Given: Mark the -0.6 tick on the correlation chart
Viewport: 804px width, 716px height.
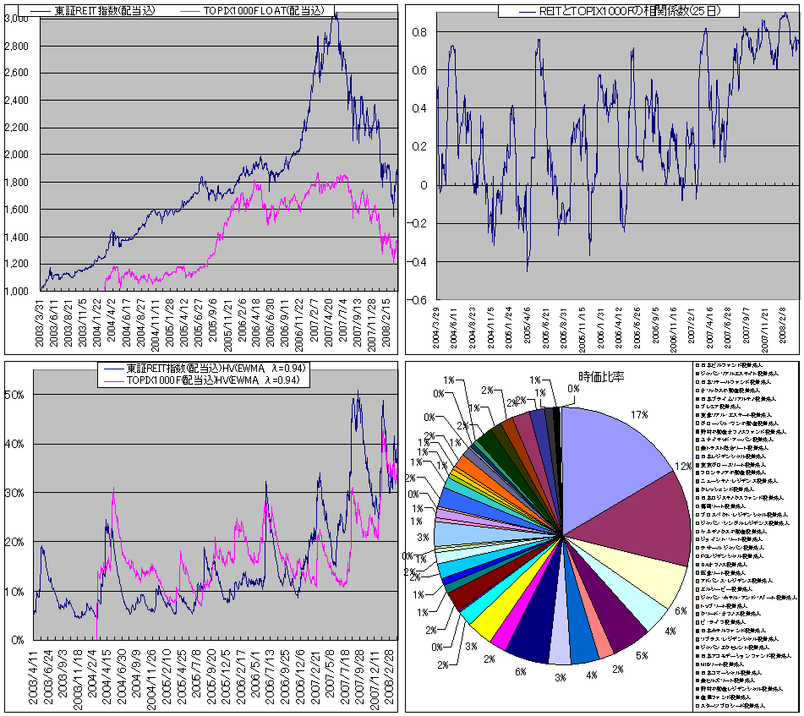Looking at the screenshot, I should click(x=417, y=300).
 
